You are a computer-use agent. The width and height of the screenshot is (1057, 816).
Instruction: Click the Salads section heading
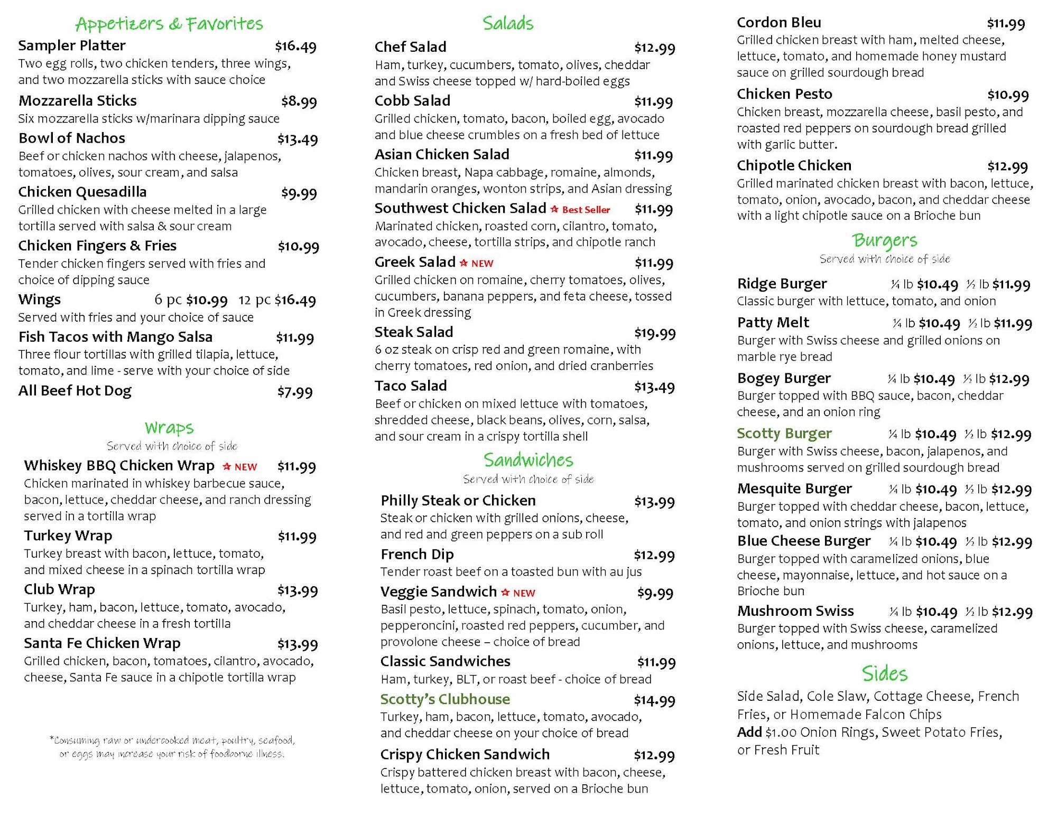[508, 23]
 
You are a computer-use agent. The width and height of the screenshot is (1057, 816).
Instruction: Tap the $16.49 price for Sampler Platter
[295, 46]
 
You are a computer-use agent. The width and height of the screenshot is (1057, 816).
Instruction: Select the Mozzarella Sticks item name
[77, 101]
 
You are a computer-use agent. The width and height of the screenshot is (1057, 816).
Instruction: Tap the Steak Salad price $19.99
[655, 333]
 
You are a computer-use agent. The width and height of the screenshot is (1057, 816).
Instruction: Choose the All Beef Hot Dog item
[75, 391]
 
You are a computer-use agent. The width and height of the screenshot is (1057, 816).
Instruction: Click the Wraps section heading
[169, 427]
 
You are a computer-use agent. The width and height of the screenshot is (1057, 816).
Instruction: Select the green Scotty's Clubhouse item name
[445, 699]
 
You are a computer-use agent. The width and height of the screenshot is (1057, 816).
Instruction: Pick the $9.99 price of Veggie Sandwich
[655, 593]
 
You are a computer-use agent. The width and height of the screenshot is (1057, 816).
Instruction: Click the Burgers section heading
[885, 241]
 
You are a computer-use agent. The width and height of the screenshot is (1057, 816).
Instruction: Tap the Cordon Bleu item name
[778, 23]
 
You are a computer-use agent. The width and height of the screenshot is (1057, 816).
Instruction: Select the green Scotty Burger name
[784, 434]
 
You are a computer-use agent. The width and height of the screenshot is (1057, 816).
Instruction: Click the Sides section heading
[885, 674]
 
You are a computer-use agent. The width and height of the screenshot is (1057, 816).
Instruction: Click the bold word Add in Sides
[749, 732]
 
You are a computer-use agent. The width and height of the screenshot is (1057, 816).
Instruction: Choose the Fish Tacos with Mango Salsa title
[115, 337]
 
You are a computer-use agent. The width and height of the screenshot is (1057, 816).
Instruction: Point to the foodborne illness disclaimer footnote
[172, 747]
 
